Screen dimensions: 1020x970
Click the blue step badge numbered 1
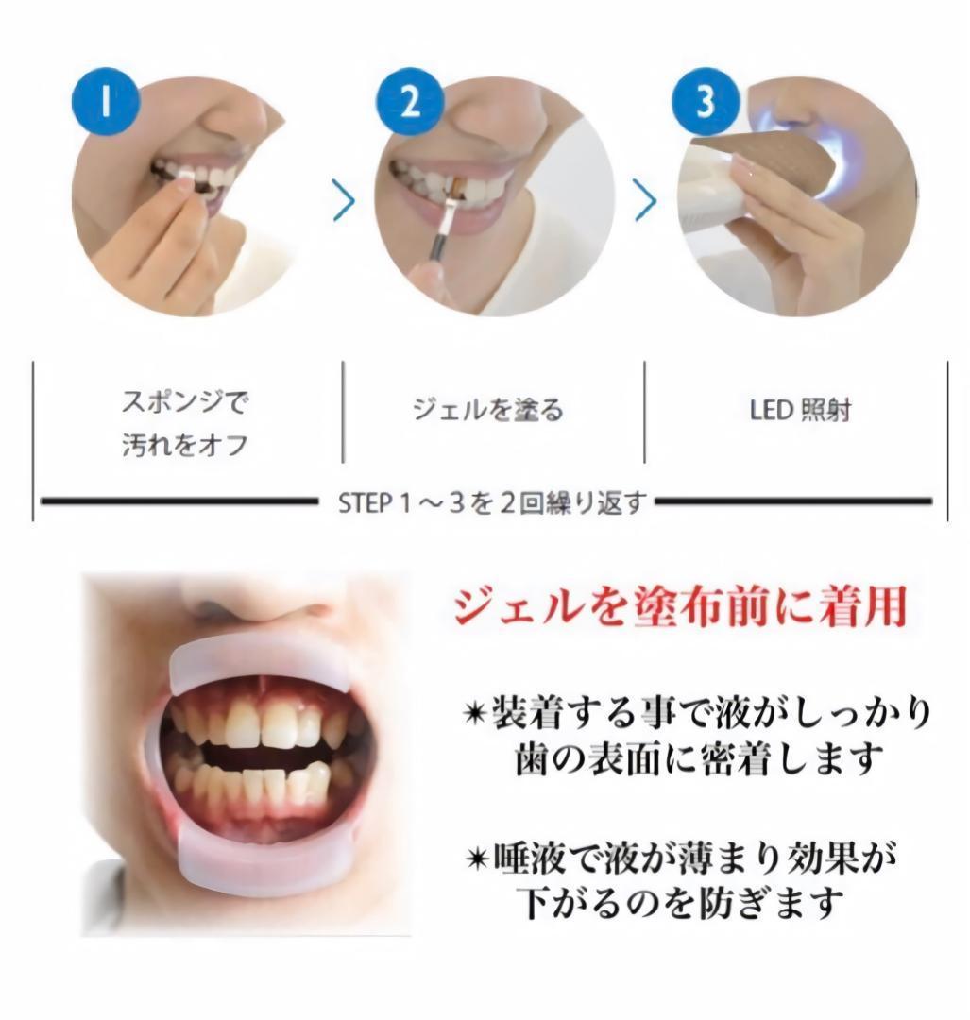click(x=107, y=102)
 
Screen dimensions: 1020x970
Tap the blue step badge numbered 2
click(x=409, y=102)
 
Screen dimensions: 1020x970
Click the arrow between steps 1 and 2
click(x=345, y=201)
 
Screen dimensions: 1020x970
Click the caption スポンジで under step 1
click(x=185, y=403)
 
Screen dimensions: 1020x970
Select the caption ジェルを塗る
click(x=488, y=409)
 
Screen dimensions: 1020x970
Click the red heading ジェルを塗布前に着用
click(x=680, y=608)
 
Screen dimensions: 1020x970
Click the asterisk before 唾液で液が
click(x=479, y=858)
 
